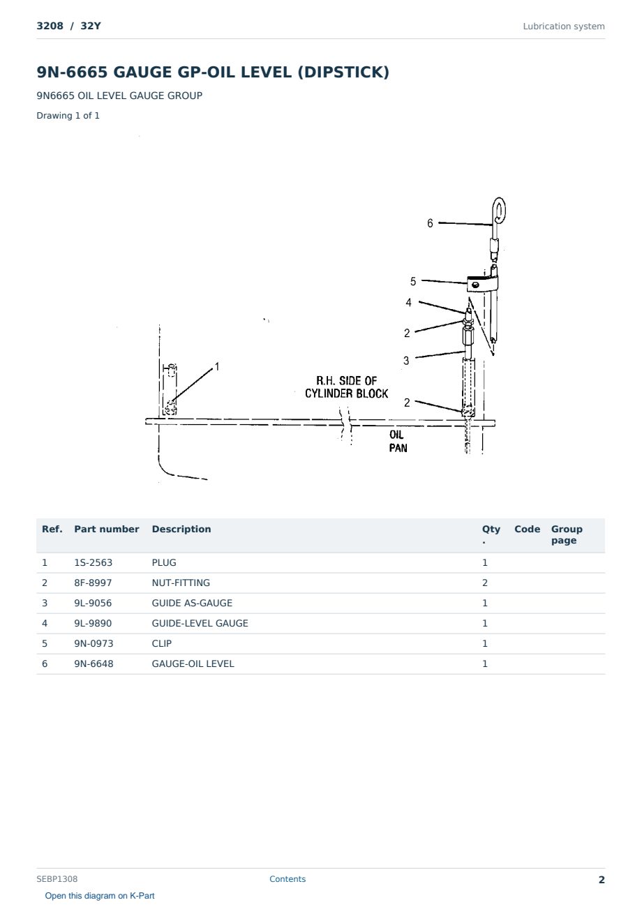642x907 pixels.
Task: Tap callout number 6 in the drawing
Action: [x=430, y=223]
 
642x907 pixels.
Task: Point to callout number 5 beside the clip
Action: [x=412, y=281]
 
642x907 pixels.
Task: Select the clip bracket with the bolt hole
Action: [x=478, y=284]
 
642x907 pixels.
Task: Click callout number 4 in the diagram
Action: [x=408, y=303]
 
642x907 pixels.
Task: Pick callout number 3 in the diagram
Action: [x=406, y=361]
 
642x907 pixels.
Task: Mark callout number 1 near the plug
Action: [x=217, y=366]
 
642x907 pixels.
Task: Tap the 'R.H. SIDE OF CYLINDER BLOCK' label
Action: [x=346, y=387]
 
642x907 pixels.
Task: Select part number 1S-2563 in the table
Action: [x=94, y=562]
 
